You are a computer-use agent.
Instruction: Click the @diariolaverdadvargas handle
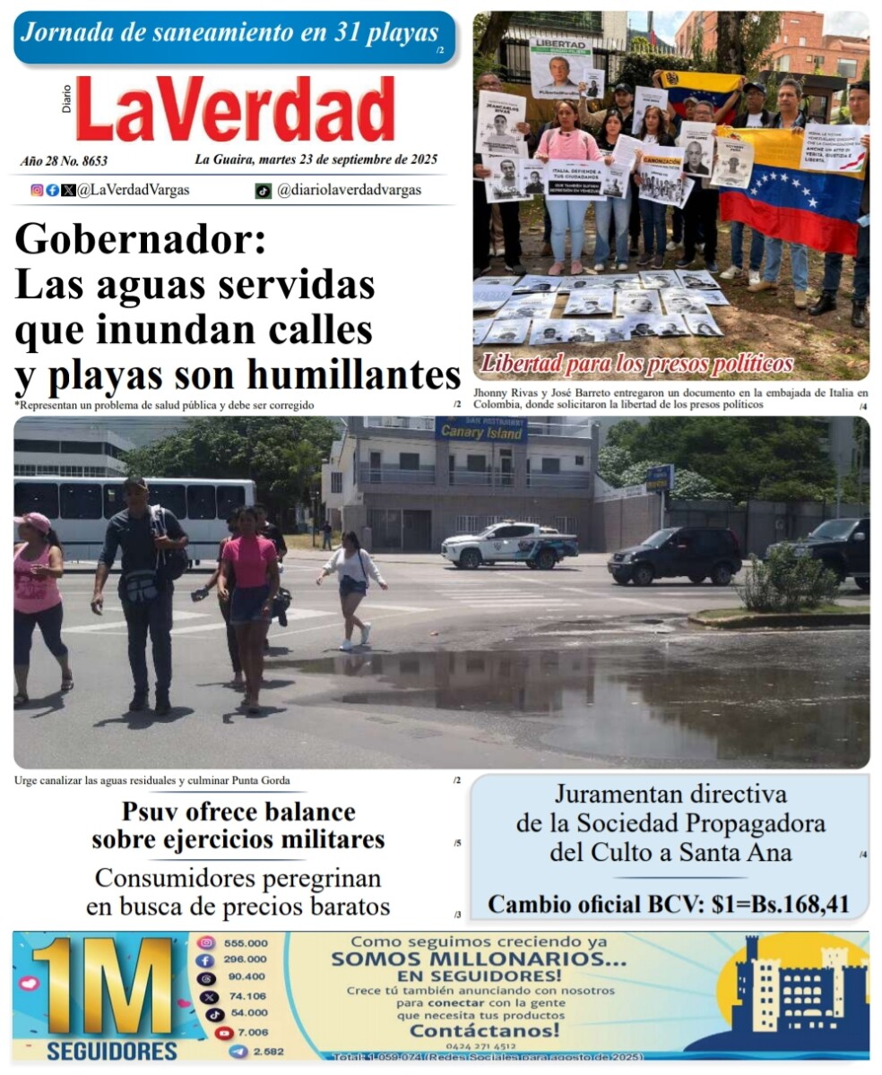[349, 190]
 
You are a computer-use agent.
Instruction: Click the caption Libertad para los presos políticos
[637, 364]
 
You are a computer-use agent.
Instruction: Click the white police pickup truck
[509, 545]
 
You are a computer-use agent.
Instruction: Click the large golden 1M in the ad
[103, 985]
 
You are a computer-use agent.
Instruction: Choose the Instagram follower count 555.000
[246, 943]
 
